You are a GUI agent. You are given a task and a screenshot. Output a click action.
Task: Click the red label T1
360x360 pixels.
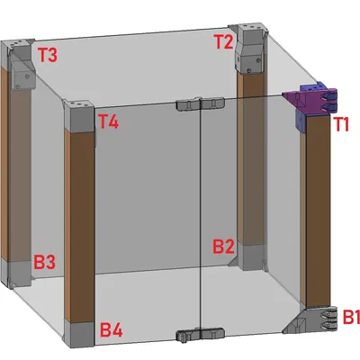point(341,124)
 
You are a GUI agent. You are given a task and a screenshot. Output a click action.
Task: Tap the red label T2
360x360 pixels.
point(224,41)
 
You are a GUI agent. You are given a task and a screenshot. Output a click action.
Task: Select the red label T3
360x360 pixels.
point(47,55)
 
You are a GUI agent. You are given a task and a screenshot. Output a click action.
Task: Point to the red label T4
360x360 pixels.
point(109,122)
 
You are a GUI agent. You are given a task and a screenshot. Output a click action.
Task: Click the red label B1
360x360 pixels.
point(351,317)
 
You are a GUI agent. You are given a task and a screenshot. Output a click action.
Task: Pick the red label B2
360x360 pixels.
point(223,247)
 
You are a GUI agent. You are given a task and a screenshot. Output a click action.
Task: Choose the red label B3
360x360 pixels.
point(45,262)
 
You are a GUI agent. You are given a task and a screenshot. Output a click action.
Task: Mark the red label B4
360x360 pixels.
point(112,330)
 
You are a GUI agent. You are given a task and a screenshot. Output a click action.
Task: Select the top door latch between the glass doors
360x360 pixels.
point(201,103)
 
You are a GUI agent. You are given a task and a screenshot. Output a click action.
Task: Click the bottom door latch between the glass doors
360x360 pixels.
point(201,334)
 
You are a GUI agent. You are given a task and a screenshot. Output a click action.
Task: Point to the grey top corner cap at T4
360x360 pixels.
point(78,116)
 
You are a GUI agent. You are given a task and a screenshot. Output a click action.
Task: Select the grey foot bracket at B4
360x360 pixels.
point(78,335)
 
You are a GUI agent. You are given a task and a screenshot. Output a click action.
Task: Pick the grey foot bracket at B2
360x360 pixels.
point(250,257)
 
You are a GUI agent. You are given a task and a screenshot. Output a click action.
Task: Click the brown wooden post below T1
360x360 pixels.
point(318,211)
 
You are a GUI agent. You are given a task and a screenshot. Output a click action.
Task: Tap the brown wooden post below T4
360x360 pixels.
point(79,227)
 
